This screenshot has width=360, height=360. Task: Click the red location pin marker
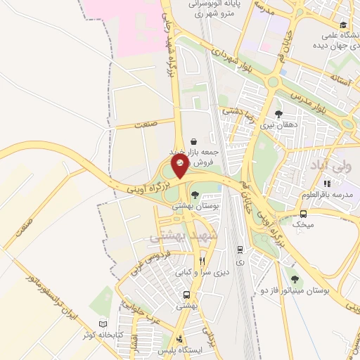[181, 167]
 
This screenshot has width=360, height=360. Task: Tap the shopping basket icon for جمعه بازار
[193, 141]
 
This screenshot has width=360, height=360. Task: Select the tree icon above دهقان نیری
[278, 114]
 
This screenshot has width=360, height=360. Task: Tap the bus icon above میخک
[303, 214]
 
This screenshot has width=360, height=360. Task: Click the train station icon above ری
[240, 249]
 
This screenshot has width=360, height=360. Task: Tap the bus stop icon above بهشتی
[186, 295]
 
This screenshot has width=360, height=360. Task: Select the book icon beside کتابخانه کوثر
[104, 324]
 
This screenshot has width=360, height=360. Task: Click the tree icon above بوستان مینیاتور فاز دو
[295, 280]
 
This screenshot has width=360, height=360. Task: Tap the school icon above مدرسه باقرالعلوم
[326, 184]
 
